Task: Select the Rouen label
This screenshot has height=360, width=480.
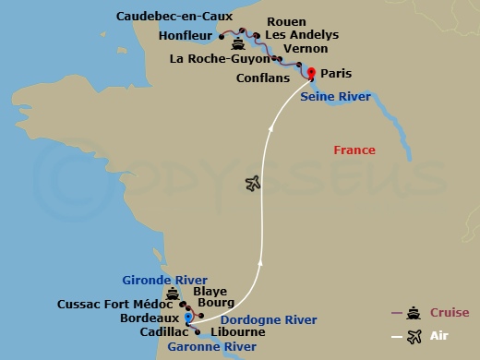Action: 285,21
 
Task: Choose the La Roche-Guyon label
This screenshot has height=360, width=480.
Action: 219,60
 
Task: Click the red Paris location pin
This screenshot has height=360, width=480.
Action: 311,74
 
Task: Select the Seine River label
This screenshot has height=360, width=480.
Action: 336,96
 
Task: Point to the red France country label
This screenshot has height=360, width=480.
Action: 354,150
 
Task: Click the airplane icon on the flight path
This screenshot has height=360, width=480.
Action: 254,184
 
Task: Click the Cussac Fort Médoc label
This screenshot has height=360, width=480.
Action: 114,304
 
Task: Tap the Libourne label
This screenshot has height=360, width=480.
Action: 238,332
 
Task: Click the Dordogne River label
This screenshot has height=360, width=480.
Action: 256,319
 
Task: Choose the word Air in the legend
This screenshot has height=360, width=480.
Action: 439,337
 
